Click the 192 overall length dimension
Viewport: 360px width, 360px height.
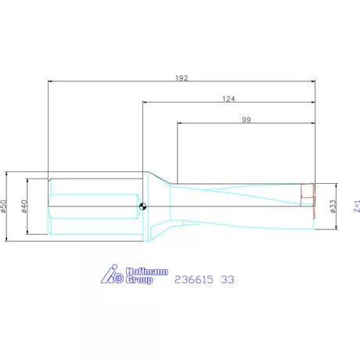(x=182, y=77)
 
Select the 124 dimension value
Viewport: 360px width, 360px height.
(x=229, y=99)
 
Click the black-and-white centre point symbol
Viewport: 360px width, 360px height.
(x=143, y=207)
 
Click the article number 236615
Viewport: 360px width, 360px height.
(x=195, y=279)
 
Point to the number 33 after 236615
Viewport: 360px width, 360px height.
(x=227, y=279)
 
